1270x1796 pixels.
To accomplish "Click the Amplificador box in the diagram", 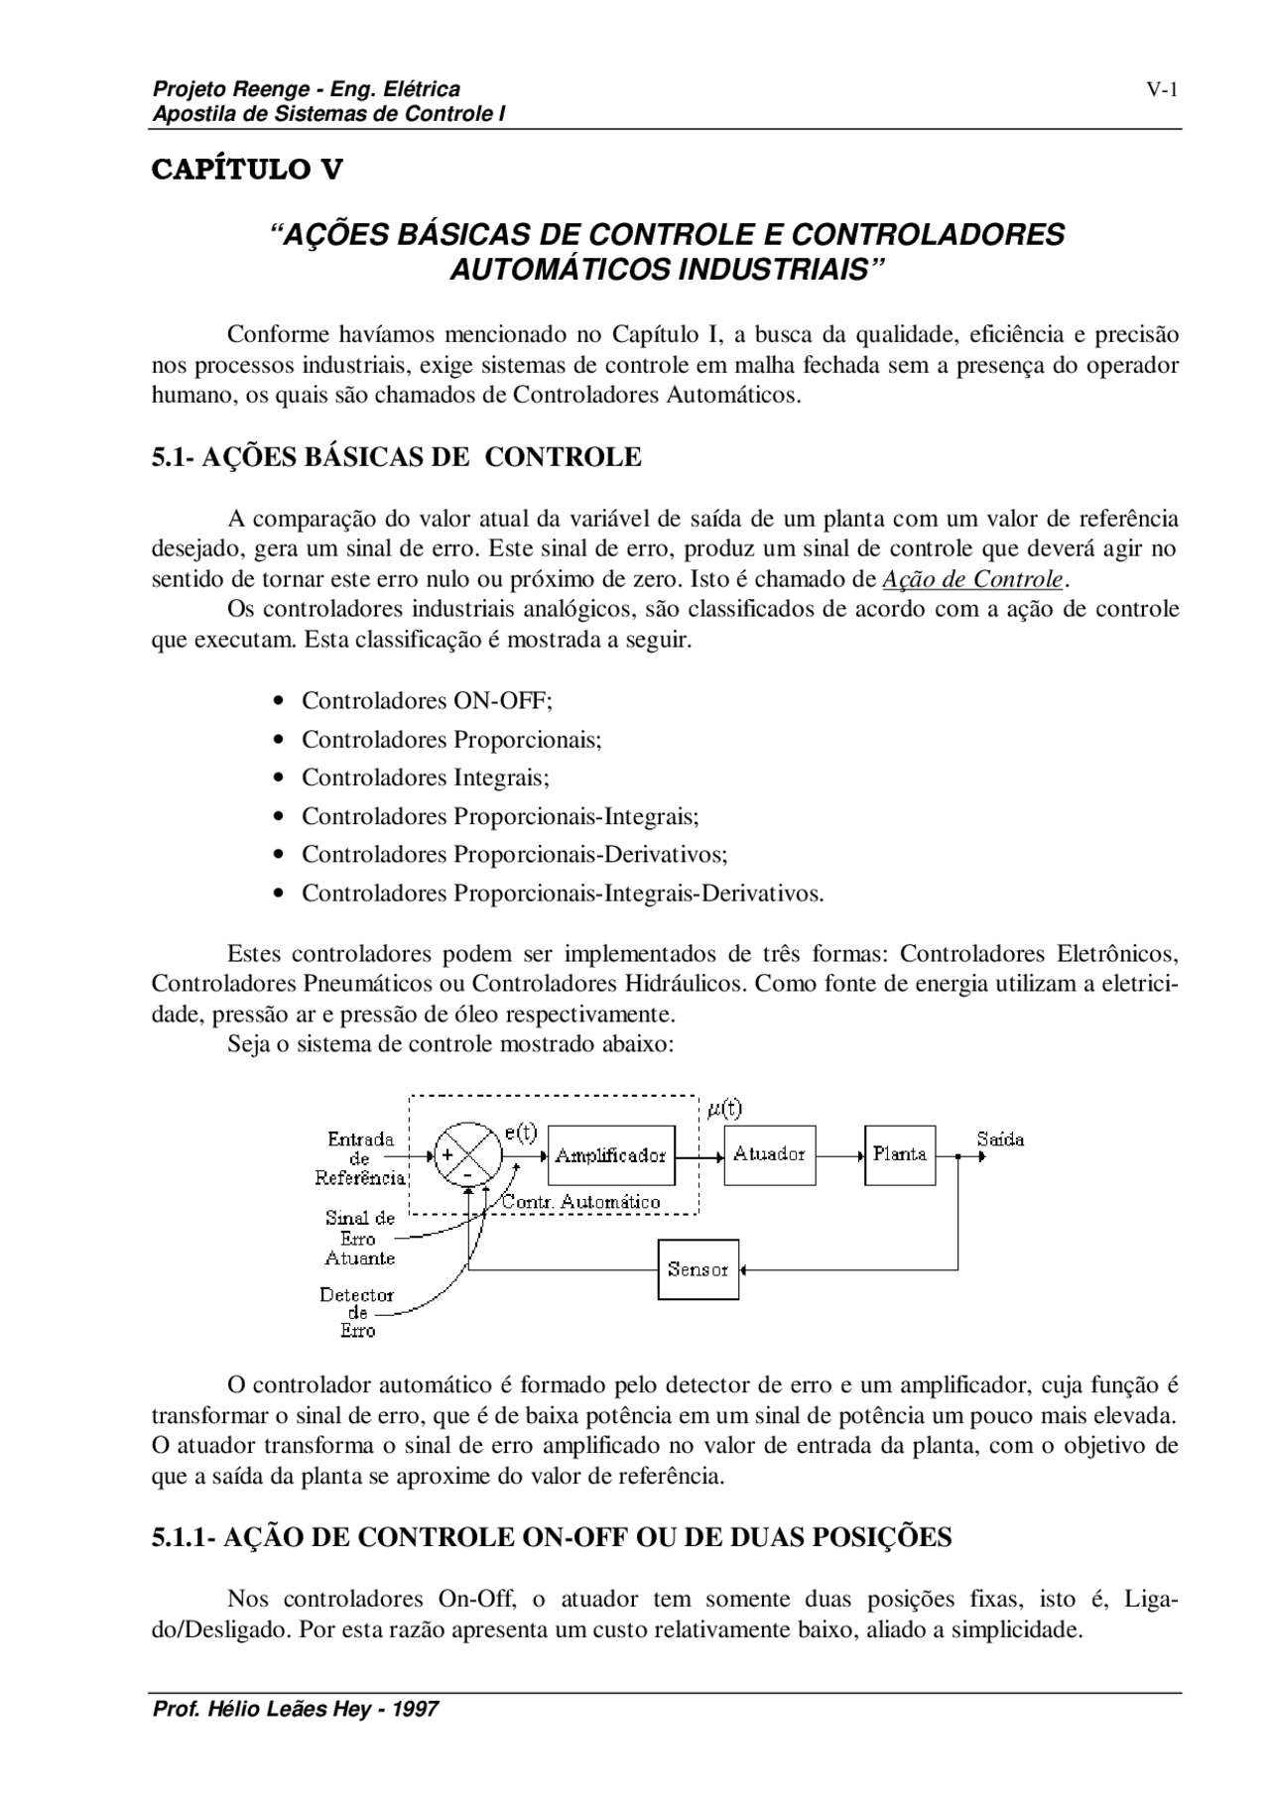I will (x=610, y=1155).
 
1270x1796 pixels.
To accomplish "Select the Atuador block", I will (x=769, y=1154).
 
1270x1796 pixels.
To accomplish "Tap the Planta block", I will (x=900, y=1154).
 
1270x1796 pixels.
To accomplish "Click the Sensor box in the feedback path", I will (x=698, y=1269).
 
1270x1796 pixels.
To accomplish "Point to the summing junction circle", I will (x=467, y=1154).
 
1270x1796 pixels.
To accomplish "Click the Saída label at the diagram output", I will (x=1000, y=1139).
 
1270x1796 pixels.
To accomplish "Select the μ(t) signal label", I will (x=724, y=1109).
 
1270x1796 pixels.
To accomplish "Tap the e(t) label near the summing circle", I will (x=520, y=1133).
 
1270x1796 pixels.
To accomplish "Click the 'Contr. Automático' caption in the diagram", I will (x=581, y=1202).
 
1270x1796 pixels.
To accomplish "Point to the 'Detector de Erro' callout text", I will (x=357, y=1313).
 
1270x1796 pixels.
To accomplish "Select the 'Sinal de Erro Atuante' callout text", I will (x=359, y=1238).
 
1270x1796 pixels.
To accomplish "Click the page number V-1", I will (x=1162, y=91).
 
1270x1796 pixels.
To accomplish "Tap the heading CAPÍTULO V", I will (x=247, y=170).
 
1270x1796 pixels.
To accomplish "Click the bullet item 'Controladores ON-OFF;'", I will (x=427, y=701).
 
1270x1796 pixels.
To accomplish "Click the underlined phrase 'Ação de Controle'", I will (x=972, y=579).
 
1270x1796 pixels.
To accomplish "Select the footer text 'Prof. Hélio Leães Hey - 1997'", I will (x=295, y=1710).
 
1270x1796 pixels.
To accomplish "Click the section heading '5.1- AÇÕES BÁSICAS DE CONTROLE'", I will (x=396, y=457).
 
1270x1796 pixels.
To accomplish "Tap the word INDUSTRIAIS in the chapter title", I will (x=773, y=269).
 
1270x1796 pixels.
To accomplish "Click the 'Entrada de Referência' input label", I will (x=360, y=1158).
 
